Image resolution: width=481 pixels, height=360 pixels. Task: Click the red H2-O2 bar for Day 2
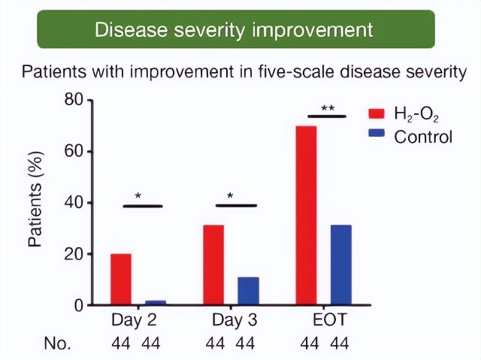(x=120, y=280)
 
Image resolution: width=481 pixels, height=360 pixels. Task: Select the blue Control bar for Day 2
(x=155, y=303)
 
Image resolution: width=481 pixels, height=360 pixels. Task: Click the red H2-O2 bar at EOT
(x=306, y=216)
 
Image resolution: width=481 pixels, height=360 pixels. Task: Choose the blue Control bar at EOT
(x=340, y=265)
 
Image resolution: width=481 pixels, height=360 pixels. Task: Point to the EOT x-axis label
(x=328, y=321)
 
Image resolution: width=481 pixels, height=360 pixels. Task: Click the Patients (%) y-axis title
(x=35, y=200)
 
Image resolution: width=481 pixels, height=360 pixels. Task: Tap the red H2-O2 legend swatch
(x=377, y=113)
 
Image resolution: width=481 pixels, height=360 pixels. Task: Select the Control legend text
(x=423, y=137)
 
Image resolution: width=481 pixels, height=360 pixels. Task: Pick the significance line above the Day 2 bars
(x=142, y=205)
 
